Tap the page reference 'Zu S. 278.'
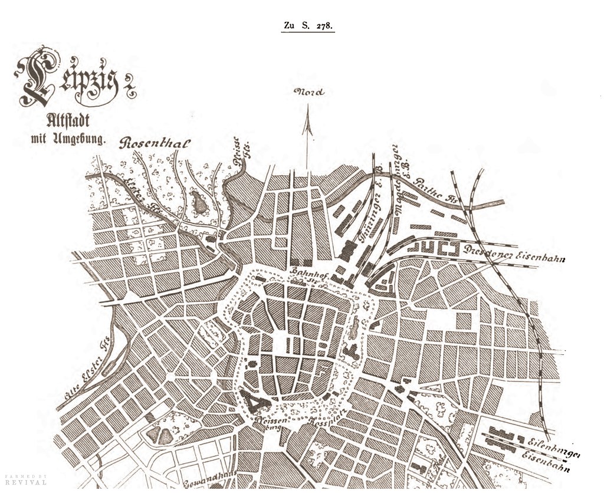coord(307,26)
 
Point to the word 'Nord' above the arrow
coord(309,92)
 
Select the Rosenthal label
coord(156,143)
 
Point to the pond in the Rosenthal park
coord(199,203)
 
